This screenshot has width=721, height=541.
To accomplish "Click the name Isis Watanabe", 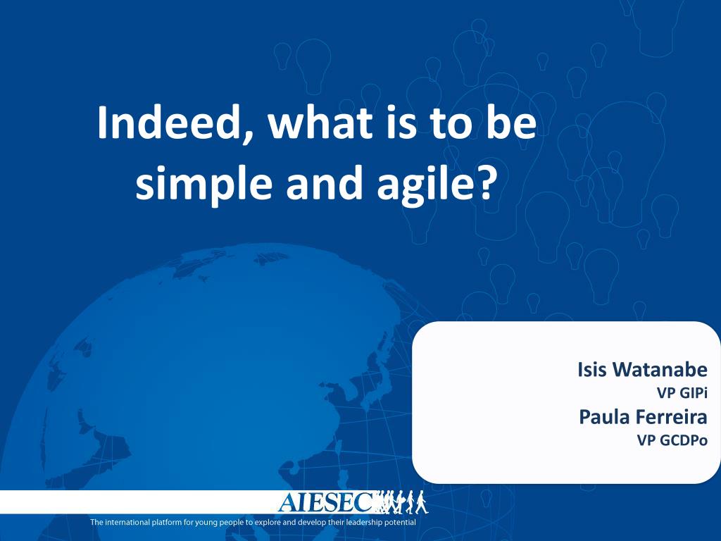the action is click(x=642, y=369).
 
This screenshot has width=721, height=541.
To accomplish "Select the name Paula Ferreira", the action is click(x=643, y=417).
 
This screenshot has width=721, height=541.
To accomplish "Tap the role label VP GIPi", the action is click(x=682, y=393).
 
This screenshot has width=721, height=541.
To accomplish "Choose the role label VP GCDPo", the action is click(x=672, y=440).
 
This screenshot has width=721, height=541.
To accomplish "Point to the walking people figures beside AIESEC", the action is click(x=402, y=502).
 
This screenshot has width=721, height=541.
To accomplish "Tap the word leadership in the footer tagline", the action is click(x=360, y=523).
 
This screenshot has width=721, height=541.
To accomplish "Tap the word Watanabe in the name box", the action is click(x=660, y=369).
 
